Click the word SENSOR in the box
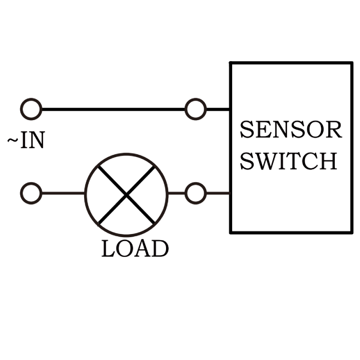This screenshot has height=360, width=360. tap(291, 130)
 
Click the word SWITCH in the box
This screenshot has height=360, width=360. tap(288, 161)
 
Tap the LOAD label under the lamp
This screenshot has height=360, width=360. tap(135, 249)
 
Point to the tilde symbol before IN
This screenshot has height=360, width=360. tap(13, 141)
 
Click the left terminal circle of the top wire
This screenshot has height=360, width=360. tap(31, 109)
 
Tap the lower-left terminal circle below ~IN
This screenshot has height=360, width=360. tap(31, 193)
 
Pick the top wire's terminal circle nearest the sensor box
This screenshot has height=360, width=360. tap(196, 109)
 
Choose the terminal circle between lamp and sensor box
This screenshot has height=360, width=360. tap(196, 193)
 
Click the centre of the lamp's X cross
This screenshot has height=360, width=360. tap(127, 194)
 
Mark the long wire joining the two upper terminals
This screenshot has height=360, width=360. tap(112, 109)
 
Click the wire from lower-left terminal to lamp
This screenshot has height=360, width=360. tap(63, 193)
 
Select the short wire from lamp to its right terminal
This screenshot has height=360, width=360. tap(176, 193)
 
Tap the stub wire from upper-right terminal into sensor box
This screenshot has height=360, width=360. tap(218, 109)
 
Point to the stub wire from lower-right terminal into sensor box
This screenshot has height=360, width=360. tap(218, 193)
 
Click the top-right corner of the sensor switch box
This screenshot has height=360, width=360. tap(351, 63)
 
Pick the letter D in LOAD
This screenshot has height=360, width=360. tap(160, 249)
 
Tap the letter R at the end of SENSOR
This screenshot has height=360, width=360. tap(334, 130)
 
